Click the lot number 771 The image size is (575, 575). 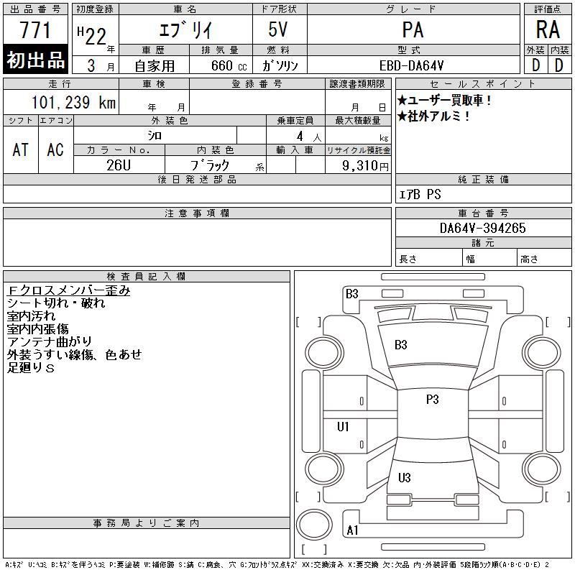coord(35,30)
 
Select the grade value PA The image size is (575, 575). coord(413,30)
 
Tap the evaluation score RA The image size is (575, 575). coord(548,30)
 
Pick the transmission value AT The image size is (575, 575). coord(21,149)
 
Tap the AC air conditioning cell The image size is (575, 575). coord(55,149)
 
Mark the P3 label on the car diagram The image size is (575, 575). coord(432,400)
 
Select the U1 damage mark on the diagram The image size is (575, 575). coord(344,427)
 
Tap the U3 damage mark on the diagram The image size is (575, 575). coord(404,478)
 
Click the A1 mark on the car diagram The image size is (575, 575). coord(352,530)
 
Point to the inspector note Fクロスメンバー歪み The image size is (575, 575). coord(69,291)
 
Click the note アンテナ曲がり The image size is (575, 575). coord(50,342)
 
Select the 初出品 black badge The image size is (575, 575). coord(36,61)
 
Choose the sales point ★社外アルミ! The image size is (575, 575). coord(434,116)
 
